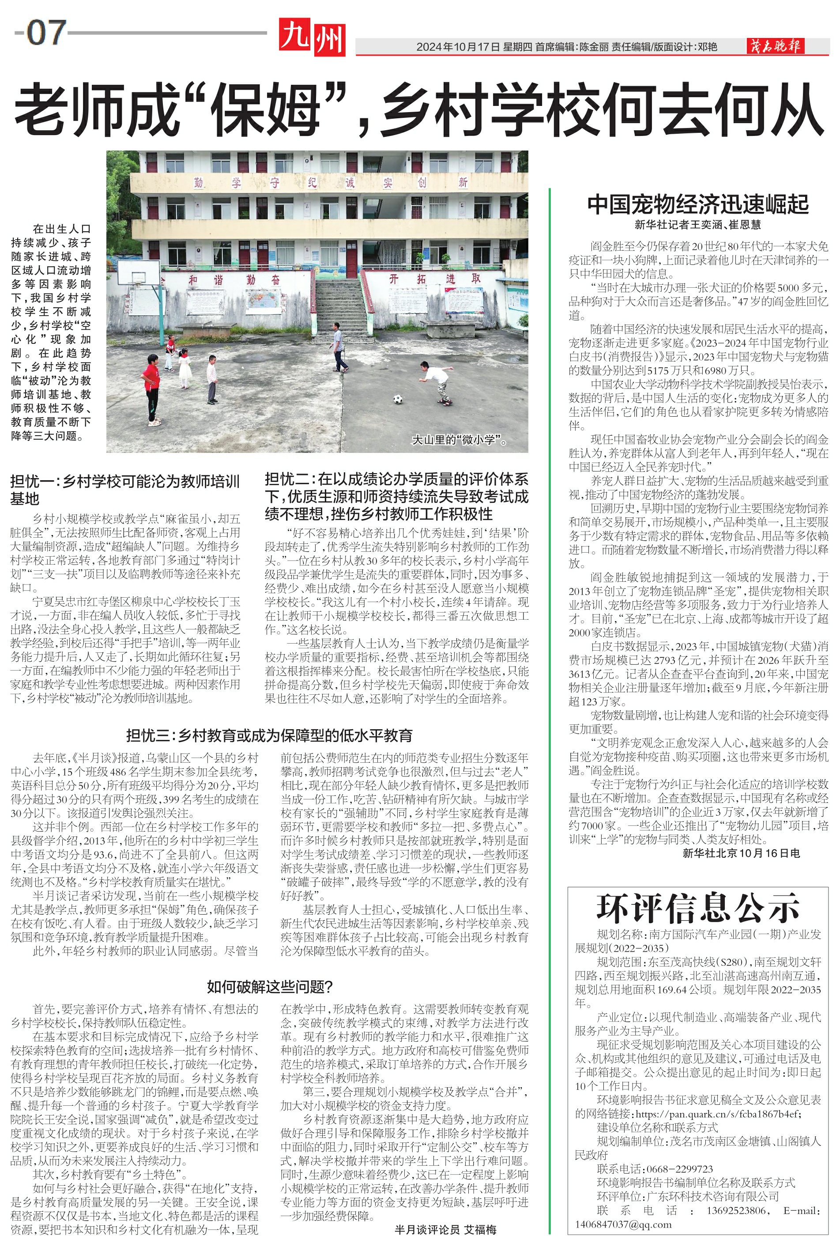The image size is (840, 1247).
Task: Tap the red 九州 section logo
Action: [x=313, y=37]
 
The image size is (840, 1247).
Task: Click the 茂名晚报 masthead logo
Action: [x=776, y=47]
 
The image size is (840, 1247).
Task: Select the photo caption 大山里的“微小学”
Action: [x=459, y=440]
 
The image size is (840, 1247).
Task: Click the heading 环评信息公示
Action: [x=697, y=908]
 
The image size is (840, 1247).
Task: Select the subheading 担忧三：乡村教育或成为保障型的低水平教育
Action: [x=269, y=735]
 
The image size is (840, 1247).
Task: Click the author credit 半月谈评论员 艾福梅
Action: [x=445, y=1229]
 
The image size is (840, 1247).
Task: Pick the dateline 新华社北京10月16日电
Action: [x=741, y=853]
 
